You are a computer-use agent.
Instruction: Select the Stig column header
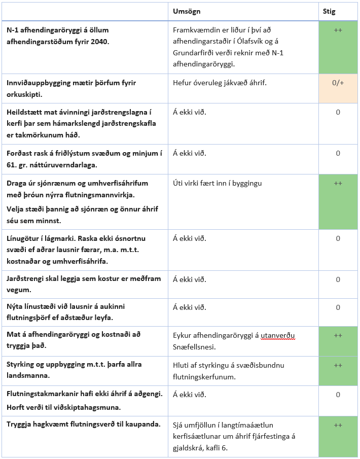(329, 11)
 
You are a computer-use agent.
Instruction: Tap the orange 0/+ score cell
(338, 83)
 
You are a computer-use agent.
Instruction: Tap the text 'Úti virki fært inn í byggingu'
(218, 183)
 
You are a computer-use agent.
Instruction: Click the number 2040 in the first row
(99, 42)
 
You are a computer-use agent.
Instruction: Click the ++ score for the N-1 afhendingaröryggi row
(338, 30)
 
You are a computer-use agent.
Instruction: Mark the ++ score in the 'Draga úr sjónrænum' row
(338, 183)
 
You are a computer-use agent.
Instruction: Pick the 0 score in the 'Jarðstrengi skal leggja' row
(338, 279)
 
